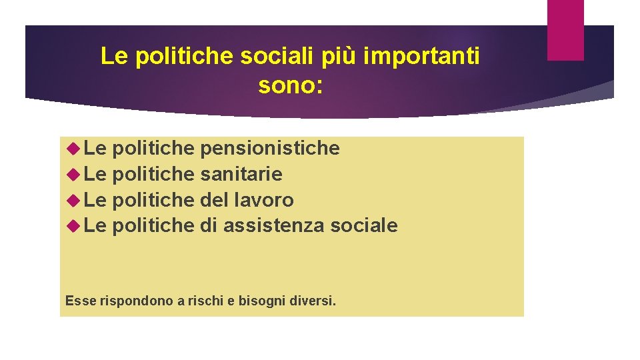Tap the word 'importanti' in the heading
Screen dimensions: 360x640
pos(423,57)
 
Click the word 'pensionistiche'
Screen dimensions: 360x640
pos(270,148)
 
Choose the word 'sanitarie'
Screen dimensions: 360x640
pos(241,174)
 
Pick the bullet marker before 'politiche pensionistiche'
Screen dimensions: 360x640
pos(74,148)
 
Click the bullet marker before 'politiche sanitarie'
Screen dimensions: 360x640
pos(74,174)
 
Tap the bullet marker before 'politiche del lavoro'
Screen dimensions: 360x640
pos(74,200)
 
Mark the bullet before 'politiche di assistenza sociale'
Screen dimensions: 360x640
pos(74,225)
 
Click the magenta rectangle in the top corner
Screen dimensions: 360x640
pos(565,29)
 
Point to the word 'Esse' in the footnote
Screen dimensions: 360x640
pos(81,301)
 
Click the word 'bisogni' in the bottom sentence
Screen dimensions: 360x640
pos(258,301)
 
